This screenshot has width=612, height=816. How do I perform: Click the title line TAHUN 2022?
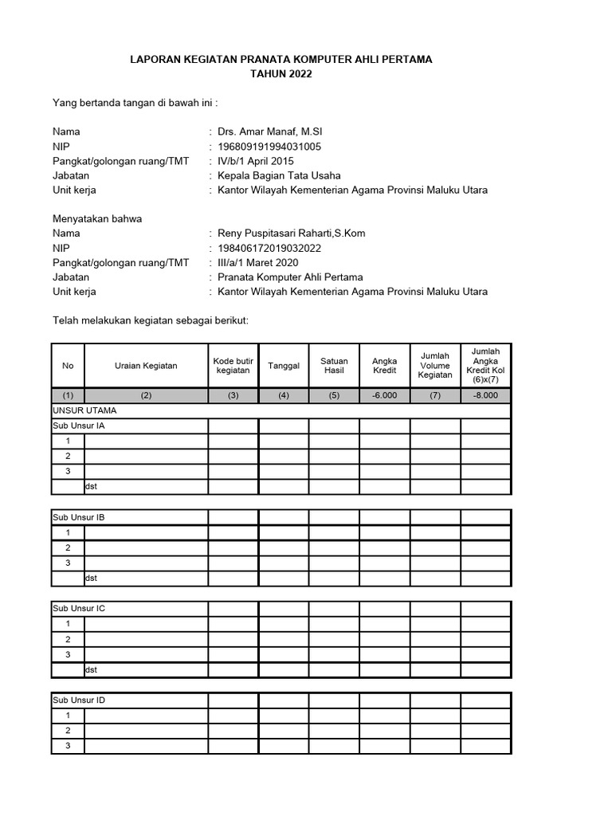[x=281, y=74]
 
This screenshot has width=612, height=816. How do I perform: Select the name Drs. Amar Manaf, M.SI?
[x=269, y=131]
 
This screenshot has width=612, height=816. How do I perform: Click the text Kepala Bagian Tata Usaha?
[x=279, y=175]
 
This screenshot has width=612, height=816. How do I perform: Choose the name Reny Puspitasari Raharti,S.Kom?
[x=292, y=233]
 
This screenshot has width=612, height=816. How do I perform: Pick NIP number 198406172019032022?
[x=269, y=248]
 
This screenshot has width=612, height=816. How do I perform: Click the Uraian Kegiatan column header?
[x=145, y=366]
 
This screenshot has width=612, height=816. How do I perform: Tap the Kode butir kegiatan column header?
[x=233, y=366]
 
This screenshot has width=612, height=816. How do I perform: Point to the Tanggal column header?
[x=284, y=366]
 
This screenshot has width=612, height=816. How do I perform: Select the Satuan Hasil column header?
[x=334, y=366]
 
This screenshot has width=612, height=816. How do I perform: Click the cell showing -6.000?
[x=384, y=395]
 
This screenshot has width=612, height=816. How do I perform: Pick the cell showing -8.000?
[x=485, y=395]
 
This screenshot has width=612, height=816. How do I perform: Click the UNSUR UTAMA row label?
[x=84, y=410]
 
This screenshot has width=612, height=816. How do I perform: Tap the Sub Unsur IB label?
[x=79, y=517]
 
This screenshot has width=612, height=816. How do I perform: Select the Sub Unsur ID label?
[x=79, y=700]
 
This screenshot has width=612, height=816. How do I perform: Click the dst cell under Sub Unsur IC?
[x=91, y=669]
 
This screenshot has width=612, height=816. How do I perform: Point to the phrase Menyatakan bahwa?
[x=97, y=219]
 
